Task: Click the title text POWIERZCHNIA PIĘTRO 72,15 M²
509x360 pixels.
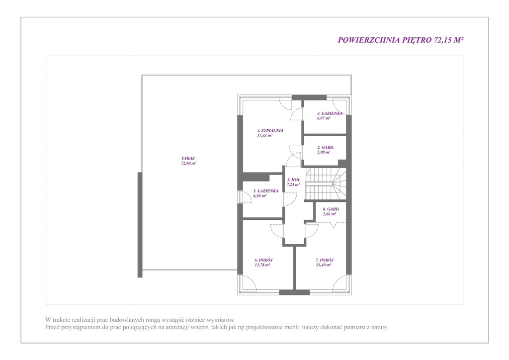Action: coord(401,40)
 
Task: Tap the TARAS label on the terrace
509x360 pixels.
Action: coord(188,159)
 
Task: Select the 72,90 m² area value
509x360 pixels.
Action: coord(188,163)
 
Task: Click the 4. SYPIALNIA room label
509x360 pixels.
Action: coord(270,130)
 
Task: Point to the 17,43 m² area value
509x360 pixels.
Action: coord(264,135)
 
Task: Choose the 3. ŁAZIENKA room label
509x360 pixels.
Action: coord(330,113)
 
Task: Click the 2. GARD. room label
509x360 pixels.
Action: coord(326,147)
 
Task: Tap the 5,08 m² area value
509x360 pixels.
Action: coord(324,152)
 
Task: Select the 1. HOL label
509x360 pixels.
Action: coord(293,180)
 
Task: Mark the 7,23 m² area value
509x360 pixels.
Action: coord(293,184)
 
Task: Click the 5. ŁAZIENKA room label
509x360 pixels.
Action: coord(266,191)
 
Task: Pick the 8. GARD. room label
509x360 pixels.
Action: coord(331,209)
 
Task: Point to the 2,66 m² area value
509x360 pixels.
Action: coord(329,214)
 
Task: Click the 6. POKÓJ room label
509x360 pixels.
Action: coord(263,260)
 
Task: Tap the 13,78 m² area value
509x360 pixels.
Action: coord(262,265)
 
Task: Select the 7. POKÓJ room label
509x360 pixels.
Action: coord(325,260)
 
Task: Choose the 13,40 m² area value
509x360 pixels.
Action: coord(323,265)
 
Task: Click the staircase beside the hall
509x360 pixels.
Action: coord(326,184)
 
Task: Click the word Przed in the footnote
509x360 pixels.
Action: coord(52,327)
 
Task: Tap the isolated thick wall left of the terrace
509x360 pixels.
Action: coord(140,225)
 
